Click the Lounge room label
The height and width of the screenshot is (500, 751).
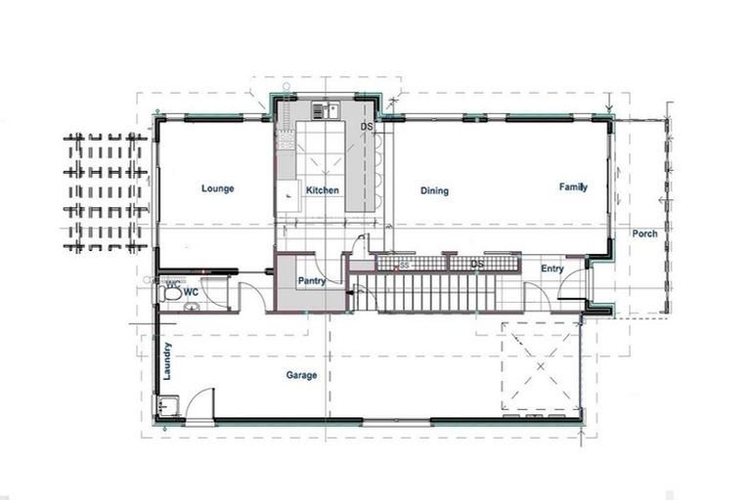click(217, 188)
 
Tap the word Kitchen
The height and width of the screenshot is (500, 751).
click(323, 190)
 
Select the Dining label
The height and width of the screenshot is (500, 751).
click(434, 191)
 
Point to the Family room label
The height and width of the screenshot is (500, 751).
click(573, 187)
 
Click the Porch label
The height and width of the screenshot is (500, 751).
click(644, 233)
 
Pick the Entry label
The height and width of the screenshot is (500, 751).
click(552, 269)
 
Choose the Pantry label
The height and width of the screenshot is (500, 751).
click(311, 279)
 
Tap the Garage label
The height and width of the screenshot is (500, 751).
click(300, 375)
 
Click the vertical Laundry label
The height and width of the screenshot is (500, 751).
click(168, 360)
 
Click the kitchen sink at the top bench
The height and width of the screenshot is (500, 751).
click(326, 110)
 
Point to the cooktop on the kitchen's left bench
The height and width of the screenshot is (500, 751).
click(287, 141)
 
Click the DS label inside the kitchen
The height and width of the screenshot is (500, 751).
click(367, 128)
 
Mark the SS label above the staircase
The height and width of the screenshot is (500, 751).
click(403, 265)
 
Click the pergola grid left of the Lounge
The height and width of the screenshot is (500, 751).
click(106, 191)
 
